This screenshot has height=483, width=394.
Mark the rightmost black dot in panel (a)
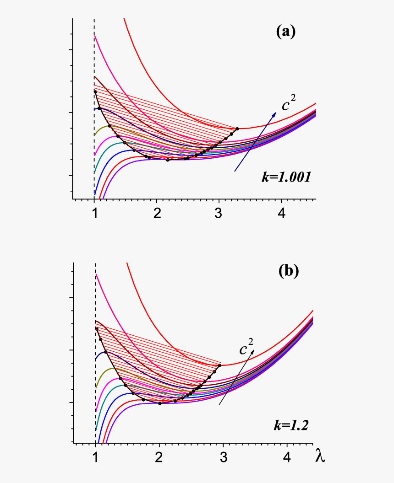tap(237, 129)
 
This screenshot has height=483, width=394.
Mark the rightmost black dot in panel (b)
tap(219, 365)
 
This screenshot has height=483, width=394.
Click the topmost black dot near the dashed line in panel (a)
tap(95, 92)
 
